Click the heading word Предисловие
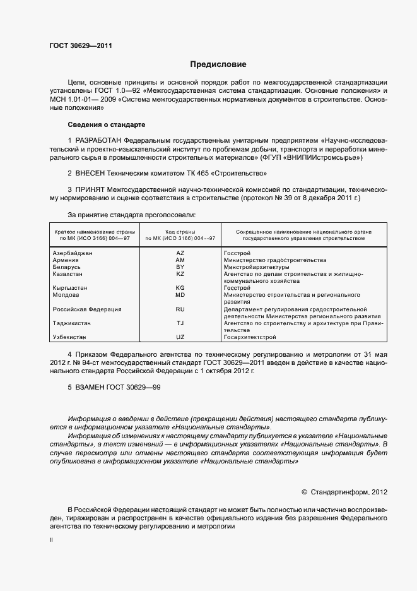(x=218, y=64)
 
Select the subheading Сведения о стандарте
(x=106, y=124)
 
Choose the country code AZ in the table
(x=180, y=253)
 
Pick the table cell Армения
(x=66, y=260)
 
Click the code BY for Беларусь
(x=180, y=267)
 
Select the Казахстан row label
(x=69, y=274)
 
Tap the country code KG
(x=180, y=288)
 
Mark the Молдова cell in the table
(x=66, y=295)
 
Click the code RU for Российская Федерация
(x=180, y=309)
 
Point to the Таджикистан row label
(x=71, y=323)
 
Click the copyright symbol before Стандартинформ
(x=305, y=491)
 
